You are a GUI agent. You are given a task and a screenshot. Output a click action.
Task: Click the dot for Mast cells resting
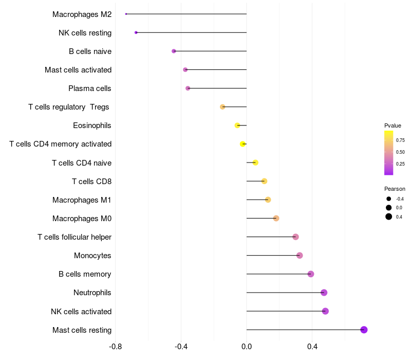point(364,330)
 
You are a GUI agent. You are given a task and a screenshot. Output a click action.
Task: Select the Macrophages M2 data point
point(126,14)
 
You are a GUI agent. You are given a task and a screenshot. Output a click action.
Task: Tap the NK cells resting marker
point(136,32)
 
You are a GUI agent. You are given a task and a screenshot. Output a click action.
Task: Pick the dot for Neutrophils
point(324,293)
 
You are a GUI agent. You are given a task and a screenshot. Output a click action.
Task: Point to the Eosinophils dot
point(237,125)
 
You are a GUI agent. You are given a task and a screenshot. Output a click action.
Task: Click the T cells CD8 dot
point(264,181)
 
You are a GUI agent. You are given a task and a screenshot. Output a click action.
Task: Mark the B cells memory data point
point(310,274)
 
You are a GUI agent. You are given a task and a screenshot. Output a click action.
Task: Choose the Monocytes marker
point(300,256)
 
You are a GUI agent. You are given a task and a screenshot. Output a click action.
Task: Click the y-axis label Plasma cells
point(90,88)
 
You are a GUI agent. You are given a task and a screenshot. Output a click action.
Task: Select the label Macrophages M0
point(82,219)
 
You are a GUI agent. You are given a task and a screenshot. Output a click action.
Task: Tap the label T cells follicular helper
point(74,237)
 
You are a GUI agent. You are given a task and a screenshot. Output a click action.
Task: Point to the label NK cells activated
point(81,312)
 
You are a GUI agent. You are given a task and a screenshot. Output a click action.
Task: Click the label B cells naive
point(90,51)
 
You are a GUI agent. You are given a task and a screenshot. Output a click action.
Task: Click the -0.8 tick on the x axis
point(116,347)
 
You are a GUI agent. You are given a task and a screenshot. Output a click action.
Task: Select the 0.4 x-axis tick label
point(312,347)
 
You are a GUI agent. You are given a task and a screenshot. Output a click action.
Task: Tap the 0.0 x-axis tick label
point(247,347)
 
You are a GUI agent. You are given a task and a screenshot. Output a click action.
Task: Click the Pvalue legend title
point(393,125)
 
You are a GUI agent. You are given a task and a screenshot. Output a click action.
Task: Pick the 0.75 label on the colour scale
point(400,140)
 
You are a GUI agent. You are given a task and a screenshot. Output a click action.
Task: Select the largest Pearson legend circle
point(388,217)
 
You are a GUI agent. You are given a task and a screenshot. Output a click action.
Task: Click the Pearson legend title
point(395,189)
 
